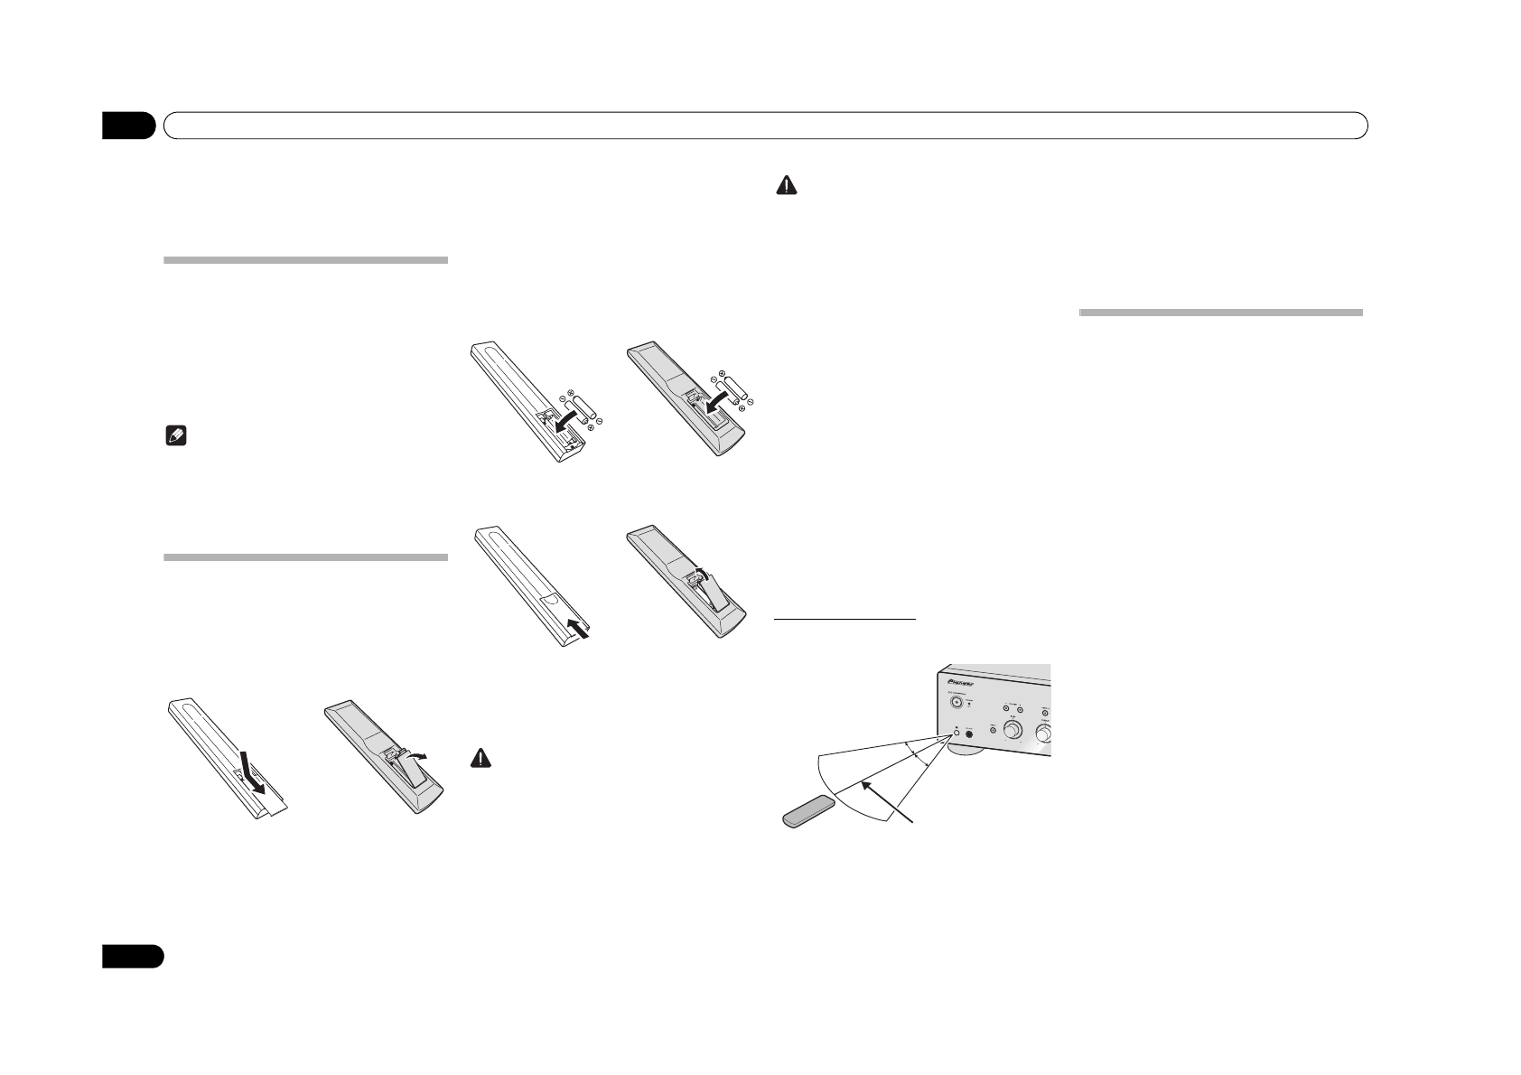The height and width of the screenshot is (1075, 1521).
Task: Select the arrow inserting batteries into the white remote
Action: point(565,423)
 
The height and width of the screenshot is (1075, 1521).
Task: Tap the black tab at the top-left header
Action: point(128,126)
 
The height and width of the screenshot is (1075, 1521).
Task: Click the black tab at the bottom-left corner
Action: point(132,957)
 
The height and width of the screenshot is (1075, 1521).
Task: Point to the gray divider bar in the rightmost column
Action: point(1220,313)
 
